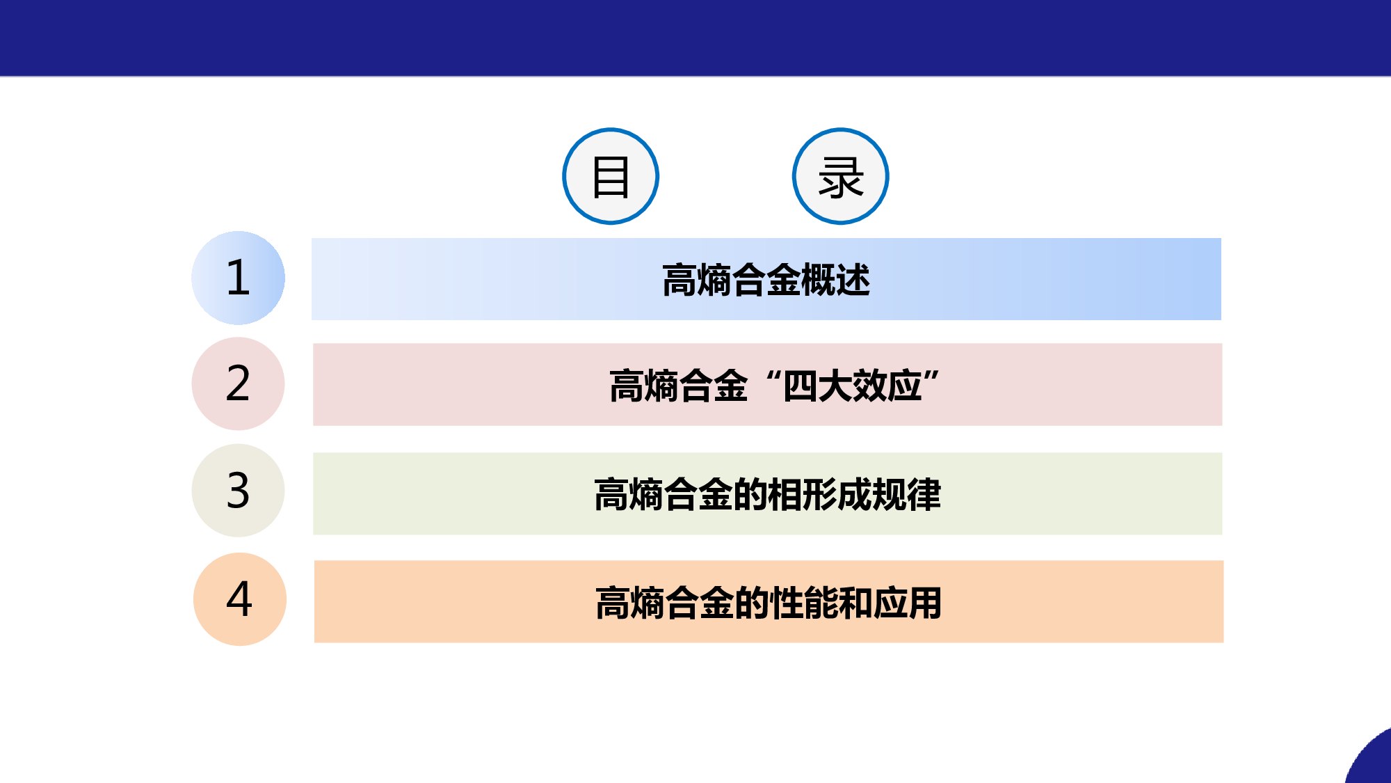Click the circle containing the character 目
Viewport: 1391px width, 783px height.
(611, 176)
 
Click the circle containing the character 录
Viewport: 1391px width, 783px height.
(841, 176)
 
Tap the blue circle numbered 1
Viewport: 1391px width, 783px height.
(238, 278)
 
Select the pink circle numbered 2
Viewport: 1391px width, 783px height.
(238, 383)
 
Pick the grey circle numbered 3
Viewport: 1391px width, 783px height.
(238, 490)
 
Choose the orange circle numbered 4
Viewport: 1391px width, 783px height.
(240, 599)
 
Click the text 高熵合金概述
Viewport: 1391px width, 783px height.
(766, 280)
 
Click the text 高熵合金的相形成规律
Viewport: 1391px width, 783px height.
(767, 494)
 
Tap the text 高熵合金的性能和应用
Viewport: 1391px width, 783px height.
(769, 603)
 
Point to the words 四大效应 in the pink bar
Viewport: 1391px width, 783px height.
(853, 386)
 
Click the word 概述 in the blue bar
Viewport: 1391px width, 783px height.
(835, 280)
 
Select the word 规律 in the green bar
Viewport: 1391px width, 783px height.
(906, 494)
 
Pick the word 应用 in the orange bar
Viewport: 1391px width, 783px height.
(908, 603)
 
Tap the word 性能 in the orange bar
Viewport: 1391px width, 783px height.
(803, 603)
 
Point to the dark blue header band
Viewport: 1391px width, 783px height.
(695, 38)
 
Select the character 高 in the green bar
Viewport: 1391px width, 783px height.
(611, 494)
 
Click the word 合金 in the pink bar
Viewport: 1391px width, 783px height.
(714, 386)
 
